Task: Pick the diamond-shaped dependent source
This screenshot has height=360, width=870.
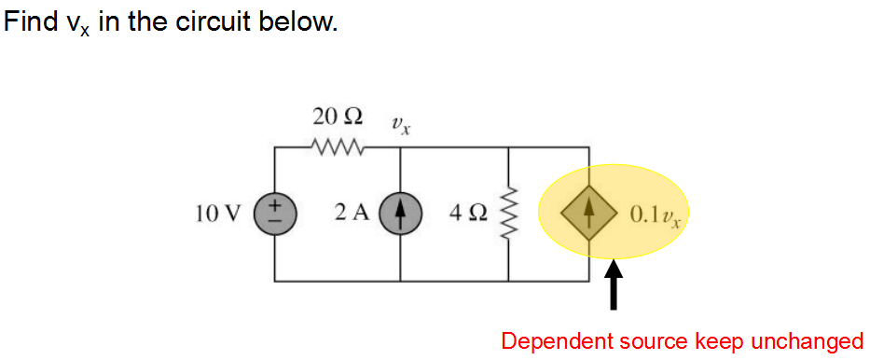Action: [x=588, y=214]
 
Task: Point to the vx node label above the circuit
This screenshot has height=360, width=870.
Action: [x=401, y=123]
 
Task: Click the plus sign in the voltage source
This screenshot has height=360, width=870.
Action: [x=276, y=204]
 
